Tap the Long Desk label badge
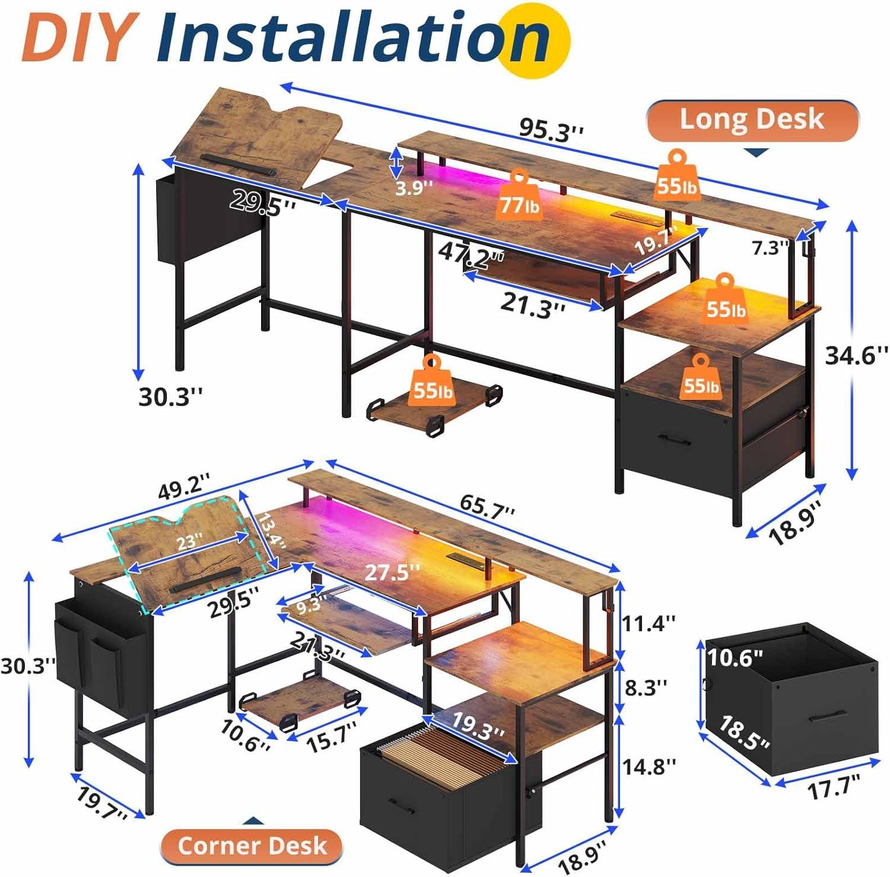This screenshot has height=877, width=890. click(x=752, y=119)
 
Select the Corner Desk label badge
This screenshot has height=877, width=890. click(x=252, y=845)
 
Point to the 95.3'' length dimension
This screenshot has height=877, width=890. click(x=551, y=130)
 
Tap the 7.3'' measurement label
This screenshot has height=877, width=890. click(x=770, y=248)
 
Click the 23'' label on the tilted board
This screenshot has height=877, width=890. click(x=189, y=541)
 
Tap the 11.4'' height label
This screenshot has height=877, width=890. click(x=649, y=623)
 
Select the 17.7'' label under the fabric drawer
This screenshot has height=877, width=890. click(x=834, y=789)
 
